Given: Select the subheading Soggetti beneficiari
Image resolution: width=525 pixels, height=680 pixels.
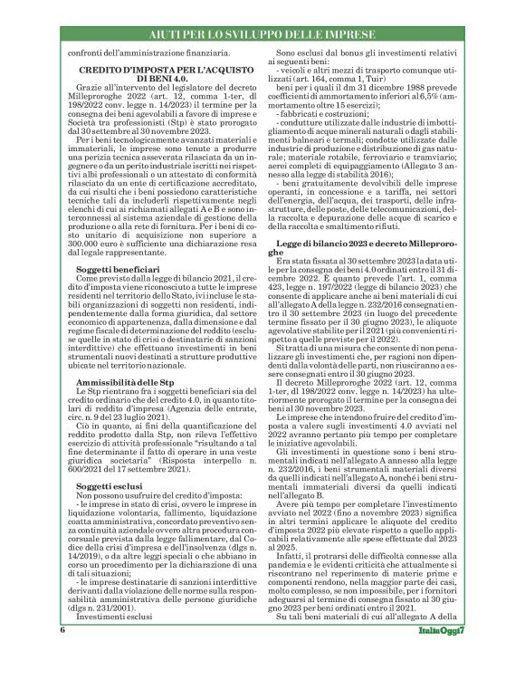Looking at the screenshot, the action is tap(119, 244).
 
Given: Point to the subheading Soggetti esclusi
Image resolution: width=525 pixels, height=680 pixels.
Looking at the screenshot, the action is tap(110, 486).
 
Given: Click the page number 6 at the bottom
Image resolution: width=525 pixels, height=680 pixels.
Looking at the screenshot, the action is tap(63, 654).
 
